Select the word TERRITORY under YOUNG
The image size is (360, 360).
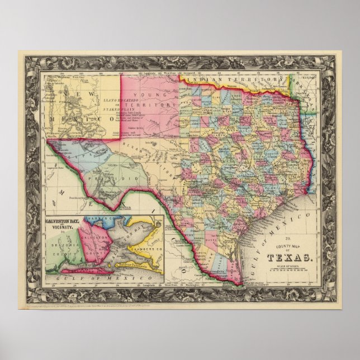pos(155,105)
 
